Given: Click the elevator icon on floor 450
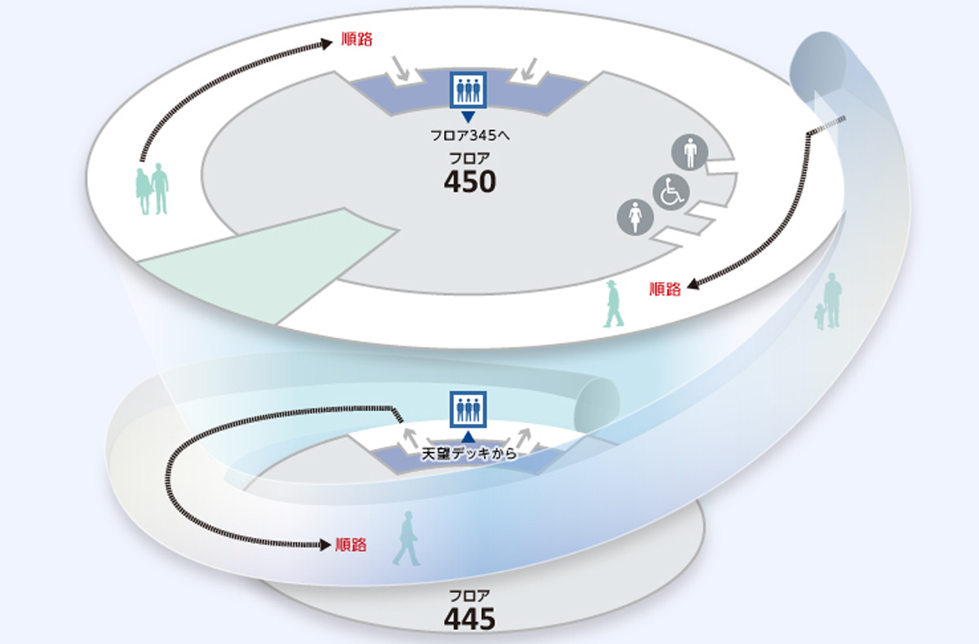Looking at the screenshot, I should click(468, 90).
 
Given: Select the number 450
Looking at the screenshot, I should click(469, 182).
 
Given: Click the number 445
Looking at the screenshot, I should click(469, 620).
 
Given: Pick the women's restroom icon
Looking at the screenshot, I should click(636, 218).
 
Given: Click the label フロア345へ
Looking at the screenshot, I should click(469, 136).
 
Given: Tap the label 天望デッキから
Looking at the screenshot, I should click(468, 454).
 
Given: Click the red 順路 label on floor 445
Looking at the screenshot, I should click(351, 545).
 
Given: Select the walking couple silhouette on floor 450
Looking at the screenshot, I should click(152, 189).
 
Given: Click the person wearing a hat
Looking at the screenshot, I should click(613, 304).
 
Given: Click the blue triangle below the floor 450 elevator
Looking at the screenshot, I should click(468, 117).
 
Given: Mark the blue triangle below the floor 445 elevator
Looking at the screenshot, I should click(468, 436).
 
